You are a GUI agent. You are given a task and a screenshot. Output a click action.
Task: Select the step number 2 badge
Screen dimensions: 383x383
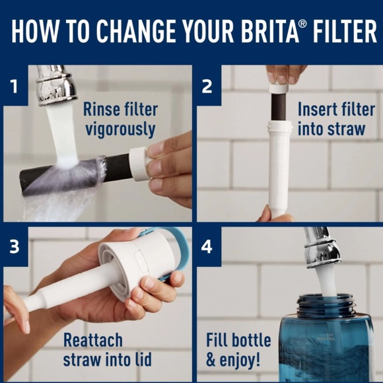tap(207, 85)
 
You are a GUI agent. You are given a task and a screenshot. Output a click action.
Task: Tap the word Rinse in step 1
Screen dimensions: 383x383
tap(100, 109)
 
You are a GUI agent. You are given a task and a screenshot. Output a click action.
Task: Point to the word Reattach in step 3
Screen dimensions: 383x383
tap(92, 341)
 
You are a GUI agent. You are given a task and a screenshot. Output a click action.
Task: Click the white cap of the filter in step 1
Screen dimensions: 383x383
tap(139, 162)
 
